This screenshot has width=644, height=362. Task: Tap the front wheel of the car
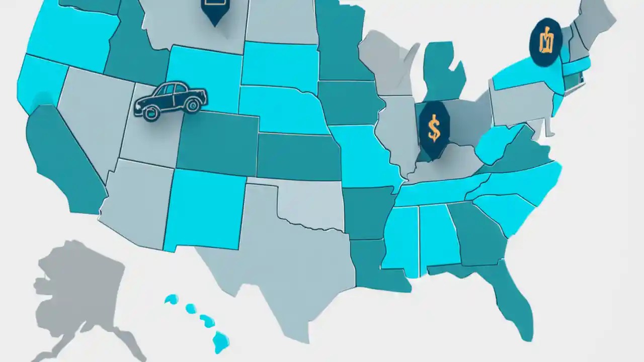point(191,106)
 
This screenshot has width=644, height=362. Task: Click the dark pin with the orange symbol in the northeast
point(545,42)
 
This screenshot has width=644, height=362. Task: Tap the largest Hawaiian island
point(221,341)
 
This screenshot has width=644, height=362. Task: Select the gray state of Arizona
point(136,201)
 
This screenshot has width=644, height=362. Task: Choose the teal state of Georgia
point(478,231)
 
